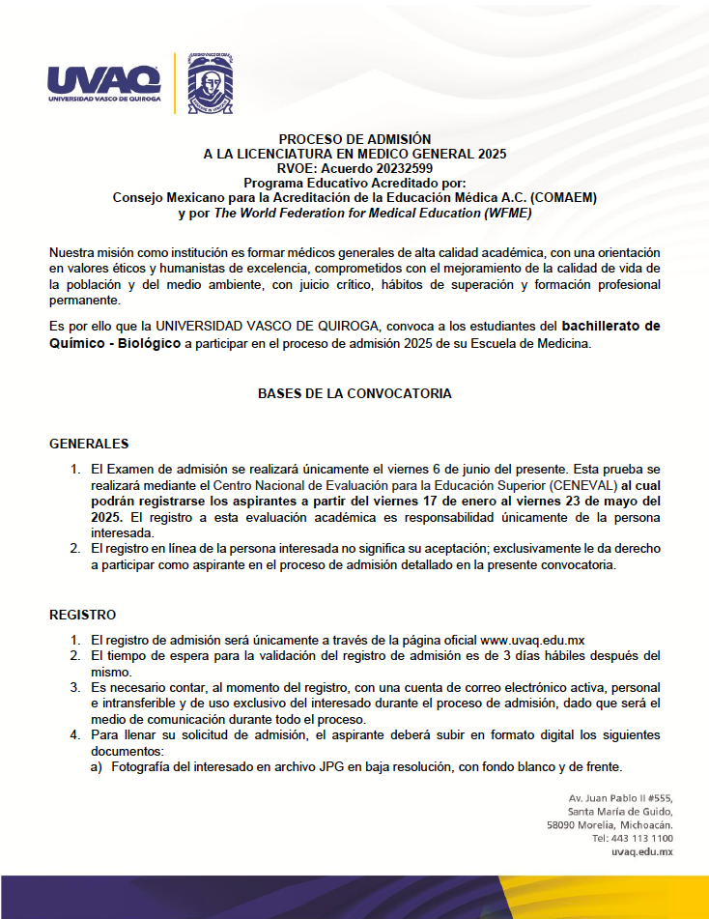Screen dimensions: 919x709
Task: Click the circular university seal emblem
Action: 210,82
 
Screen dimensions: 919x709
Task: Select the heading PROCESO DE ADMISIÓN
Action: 354,139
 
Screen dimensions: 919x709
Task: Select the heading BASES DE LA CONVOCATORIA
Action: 354,394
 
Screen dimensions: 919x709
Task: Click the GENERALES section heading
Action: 89,445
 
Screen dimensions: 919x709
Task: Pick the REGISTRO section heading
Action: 83,615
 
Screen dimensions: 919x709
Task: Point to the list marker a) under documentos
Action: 98,767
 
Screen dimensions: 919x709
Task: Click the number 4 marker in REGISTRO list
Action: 74,735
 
